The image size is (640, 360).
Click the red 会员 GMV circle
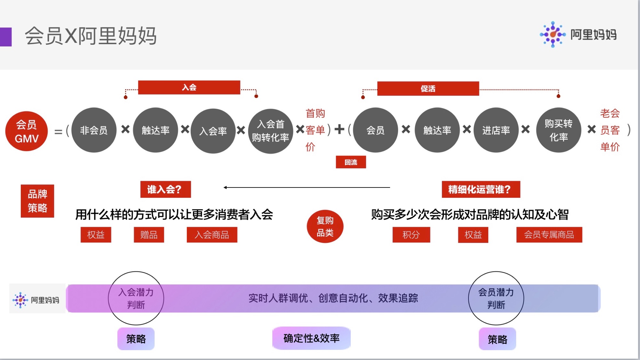(x=27, y=131)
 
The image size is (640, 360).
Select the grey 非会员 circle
(x=94, y=130)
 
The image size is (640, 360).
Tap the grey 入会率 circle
(x=213, y=131)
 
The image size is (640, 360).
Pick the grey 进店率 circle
(x=496, y=130)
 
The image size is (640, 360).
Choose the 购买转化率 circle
(x=558, y=130)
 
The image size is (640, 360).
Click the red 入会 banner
(x=189, y=87)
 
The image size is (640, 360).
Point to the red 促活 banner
(x=428, y=89)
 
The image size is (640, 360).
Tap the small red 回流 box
(x=351, y=162)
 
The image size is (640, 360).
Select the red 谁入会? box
(x=165, y=189)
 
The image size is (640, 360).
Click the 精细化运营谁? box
(x=481, y=189)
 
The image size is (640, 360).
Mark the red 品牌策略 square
(x=37, y=201)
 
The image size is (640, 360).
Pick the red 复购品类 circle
(x=325, y=227)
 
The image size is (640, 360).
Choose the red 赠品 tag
(x=149, y=235)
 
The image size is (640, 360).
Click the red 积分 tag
(x=411, y=235)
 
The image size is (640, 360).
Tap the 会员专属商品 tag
(x=549, y=235)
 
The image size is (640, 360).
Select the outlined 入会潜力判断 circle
(x=136, y=298)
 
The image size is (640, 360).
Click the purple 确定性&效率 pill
(x=311, y=338)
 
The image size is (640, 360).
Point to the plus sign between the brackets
(x=339, y=129)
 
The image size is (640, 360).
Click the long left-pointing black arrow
(x=307, y=188)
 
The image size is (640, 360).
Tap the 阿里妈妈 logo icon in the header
(x=553, y=35)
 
